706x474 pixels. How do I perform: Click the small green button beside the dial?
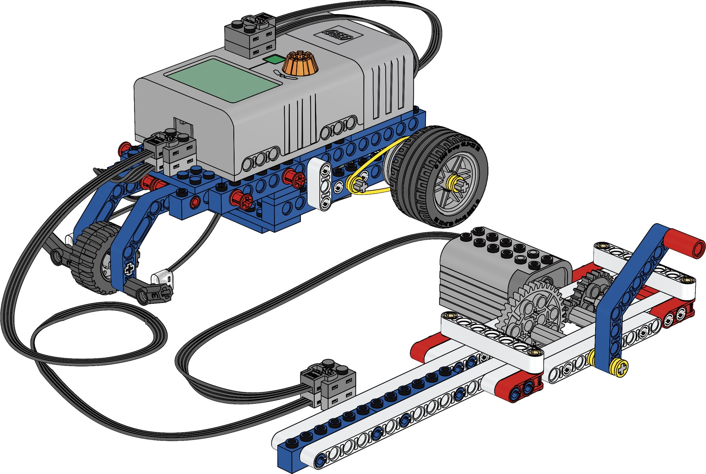point(273,59)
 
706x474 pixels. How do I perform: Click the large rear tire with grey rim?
point(439,177)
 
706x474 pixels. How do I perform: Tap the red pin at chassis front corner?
point(124,148)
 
